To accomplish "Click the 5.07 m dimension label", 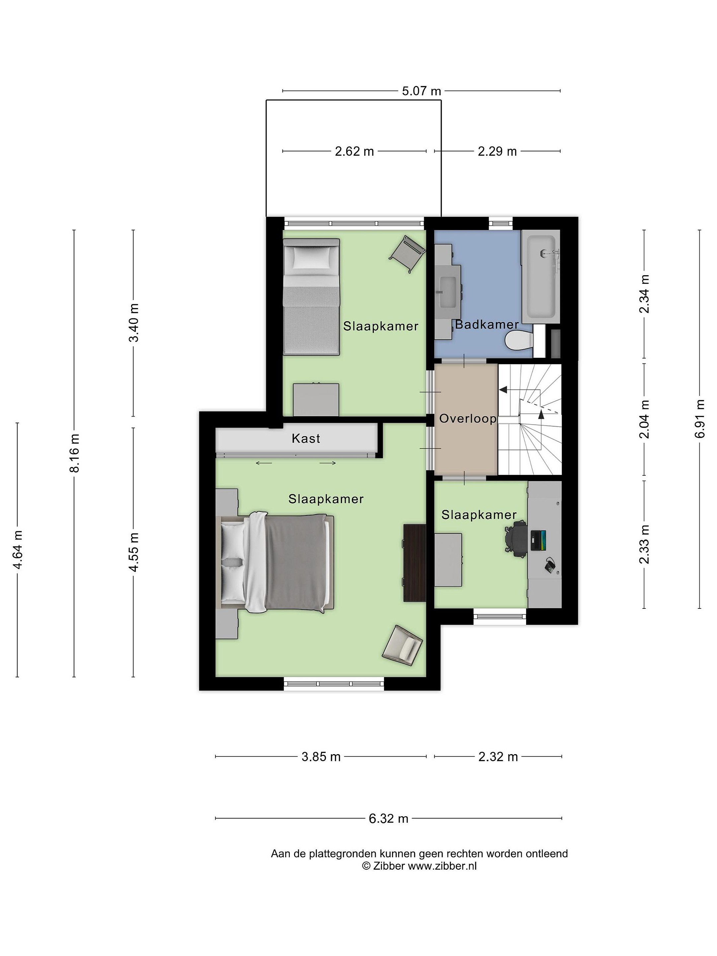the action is tap(421, 91).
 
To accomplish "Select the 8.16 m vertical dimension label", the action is tap(75, 452).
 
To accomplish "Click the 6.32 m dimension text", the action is tap(388, 819).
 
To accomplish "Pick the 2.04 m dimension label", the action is tap(644, 419).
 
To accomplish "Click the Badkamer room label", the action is tap(487, 325).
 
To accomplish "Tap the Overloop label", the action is tap(468, 419).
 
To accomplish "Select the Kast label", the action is tap(306, 439).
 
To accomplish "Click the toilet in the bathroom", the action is tap(519, 341).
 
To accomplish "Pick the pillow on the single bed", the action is tap(311, 259).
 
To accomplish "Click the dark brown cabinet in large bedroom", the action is tap(415, 563).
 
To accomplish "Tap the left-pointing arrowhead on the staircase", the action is tap(503, 390).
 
